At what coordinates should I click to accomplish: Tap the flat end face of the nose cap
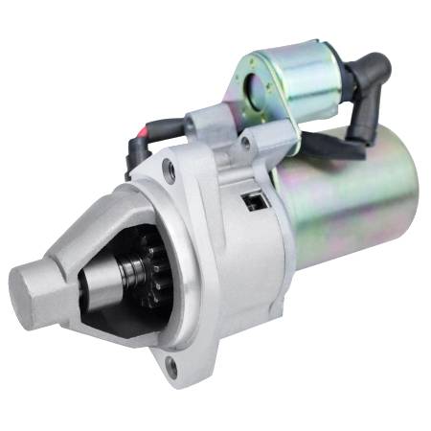(29, 285)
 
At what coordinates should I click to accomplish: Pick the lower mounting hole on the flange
(171, 365)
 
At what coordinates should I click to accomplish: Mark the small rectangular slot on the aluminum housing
(254, 200)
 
